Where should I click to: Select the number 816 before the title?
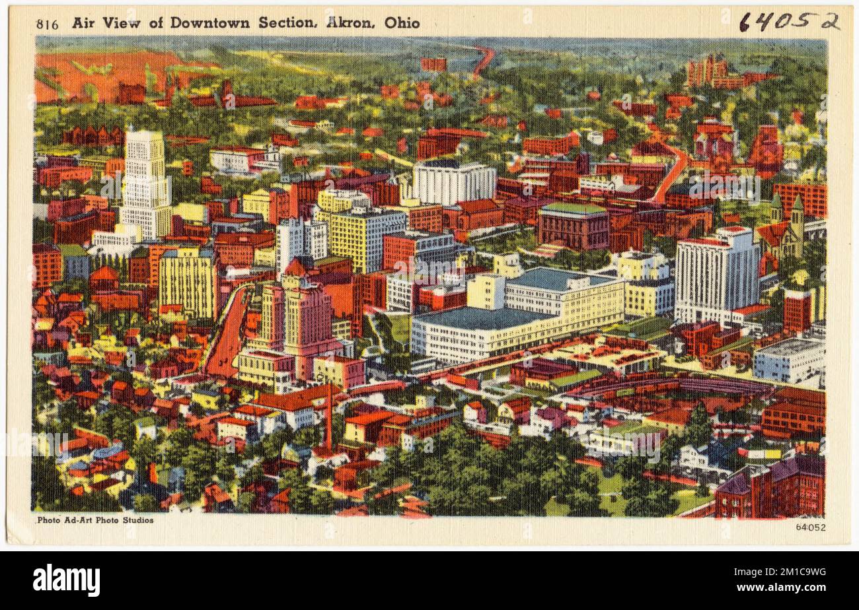47,24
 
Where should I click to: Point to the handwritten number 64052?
788,21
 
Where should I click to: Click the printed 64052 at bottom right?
810,527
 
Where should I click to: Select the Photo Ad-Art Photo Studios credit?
95,520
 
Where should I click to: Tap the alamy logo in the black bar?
66,580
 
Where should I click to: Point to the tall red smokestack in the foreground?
328,416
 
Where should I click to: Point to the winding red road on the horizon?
484,59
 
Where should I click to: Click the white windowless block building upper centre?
453,182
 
